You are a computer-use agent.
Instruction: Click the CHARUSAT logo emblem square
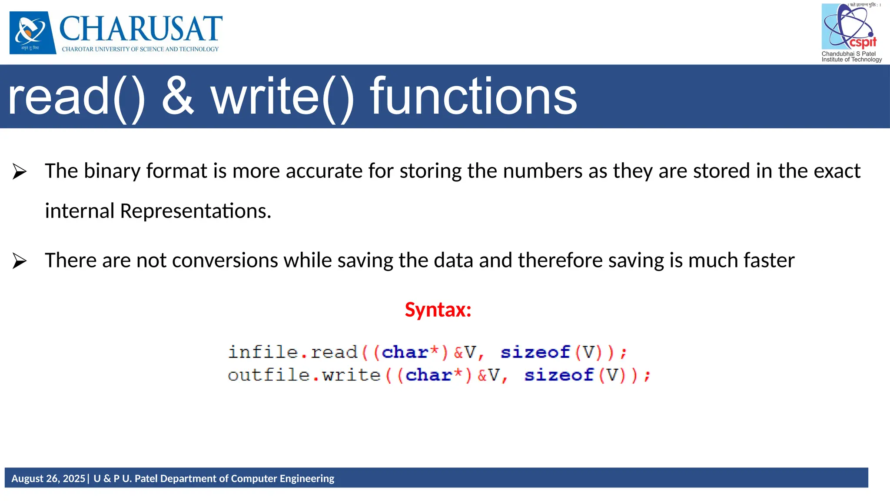pyautogui.click(x=33, y=33)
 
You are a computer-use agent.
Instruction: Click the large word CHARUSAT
pyautogui.click(x=140, y=29)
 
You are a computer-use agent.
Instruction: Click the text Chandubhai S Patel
pyautogui.click(x=848, y=54)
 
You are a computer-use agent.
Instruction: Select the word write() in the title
pyautogui.click(x=282, y=96)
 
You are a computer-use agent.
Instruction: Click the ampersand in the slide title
pyautogui.click(x=178, y=96)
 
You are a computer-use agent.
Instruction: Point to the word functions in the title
pyautogui.click(x=473, y=96)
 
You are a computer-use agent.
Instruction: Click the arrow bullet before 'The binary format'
pyautogui.click(x=20, y=171)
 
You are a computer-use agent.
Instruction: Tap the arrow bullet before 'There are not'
pyautogui.click(x=20, y=261)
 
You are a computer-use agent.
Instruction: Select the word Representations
pyautogui.click(x=195, y=211)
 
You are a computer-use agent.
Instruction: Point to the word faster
pyautogui.click(x=769, y=261)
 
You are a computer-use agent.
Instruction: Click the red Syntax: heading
pyautogui.click(x=438, y=310)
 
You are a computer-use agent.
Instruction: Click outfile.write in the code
pyautogui.click(x=304, y=375)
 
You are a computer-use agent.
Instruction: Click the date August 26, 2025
pyautogui.click(x=48, y=478)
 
